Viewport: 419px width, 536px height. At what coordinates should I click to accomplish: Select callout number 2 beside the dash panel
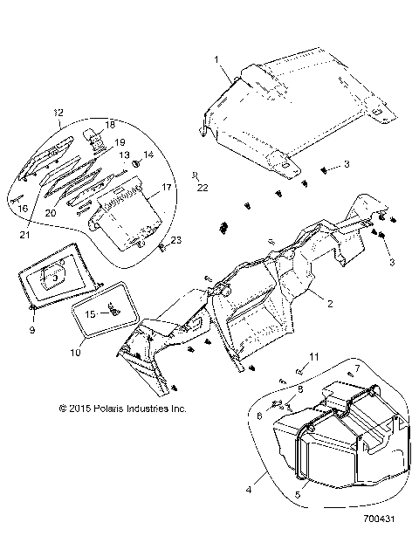click(x=331, y=305)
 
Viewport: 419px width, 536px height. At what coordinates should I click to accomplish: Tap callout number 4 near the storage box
click(x=259, y=477)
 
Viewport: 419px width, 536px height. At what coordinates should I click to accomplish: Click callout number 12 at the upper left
click(x=58, y=113)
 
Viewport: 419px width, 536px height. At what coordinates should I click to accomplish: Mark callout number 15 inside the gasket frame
click(x=91, y=311)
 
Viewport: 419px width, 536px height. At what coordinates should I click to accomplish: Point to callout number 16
click(x=24, y=209)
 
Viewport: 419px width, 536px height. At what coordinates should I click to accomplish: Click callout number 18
click(x=109, y=124)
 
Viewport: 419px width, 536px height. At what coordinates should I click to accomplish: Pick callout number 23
click(x=175, y=240)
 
